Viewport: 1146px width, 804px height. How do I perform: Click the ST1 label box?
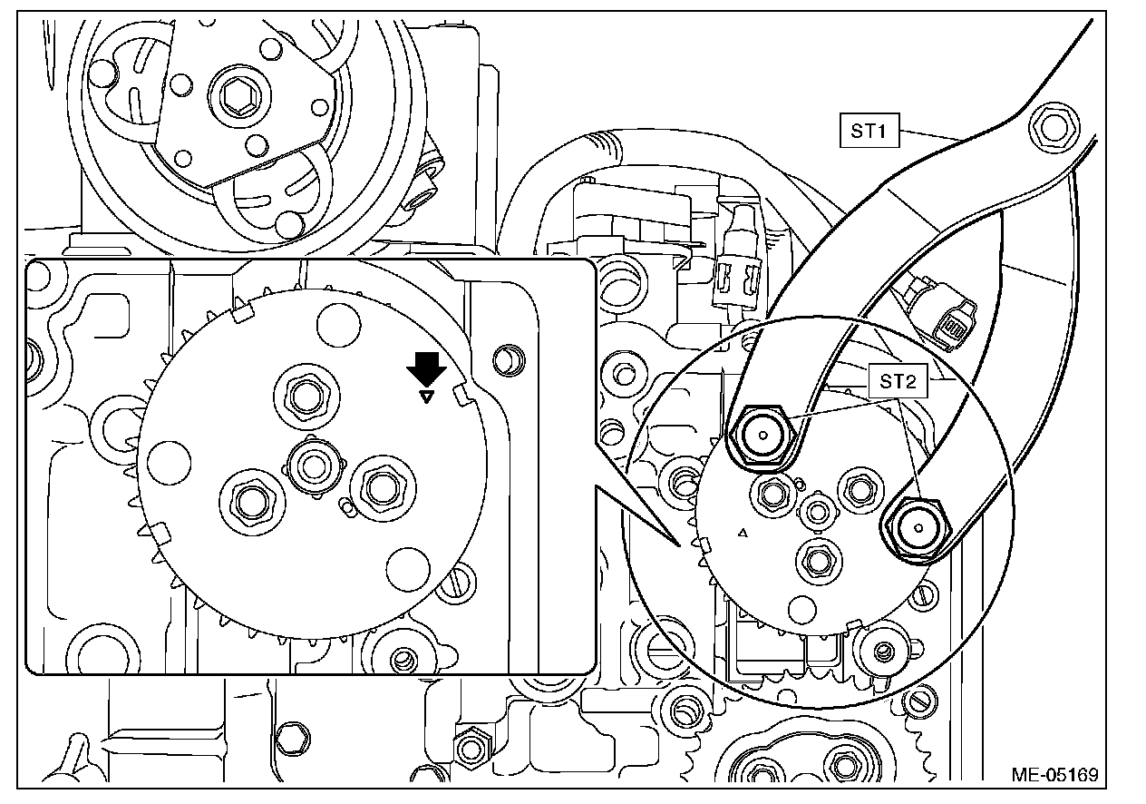[x=867, y=132]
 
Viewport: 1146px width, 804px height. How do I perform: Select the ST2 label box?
[x=898, y=381]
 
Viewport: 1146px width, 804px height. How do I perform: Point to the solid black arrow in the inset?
[x=425, y=369]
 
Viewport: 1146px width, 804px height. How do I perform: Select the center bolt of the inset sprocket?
[x=315, y=466]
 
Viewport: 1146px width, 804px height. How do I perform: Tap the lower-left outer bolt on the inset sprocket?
[x=248, y=499]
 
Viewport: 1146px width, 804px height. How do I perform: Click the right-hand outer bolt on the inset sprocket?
[x=374, y=487]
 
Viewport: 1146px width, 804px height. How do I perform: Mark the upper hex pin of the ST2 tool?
[x=763, y=436]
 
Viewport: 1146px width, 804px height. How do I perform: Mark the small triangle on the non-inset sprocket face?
[x=743, y=534]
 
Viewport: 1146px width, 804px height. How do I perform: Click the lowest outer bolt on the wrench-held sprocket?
[x=815, y=561]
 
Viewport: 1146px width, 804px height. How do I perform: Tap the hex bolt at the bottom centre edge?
[x=469, y=749]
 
